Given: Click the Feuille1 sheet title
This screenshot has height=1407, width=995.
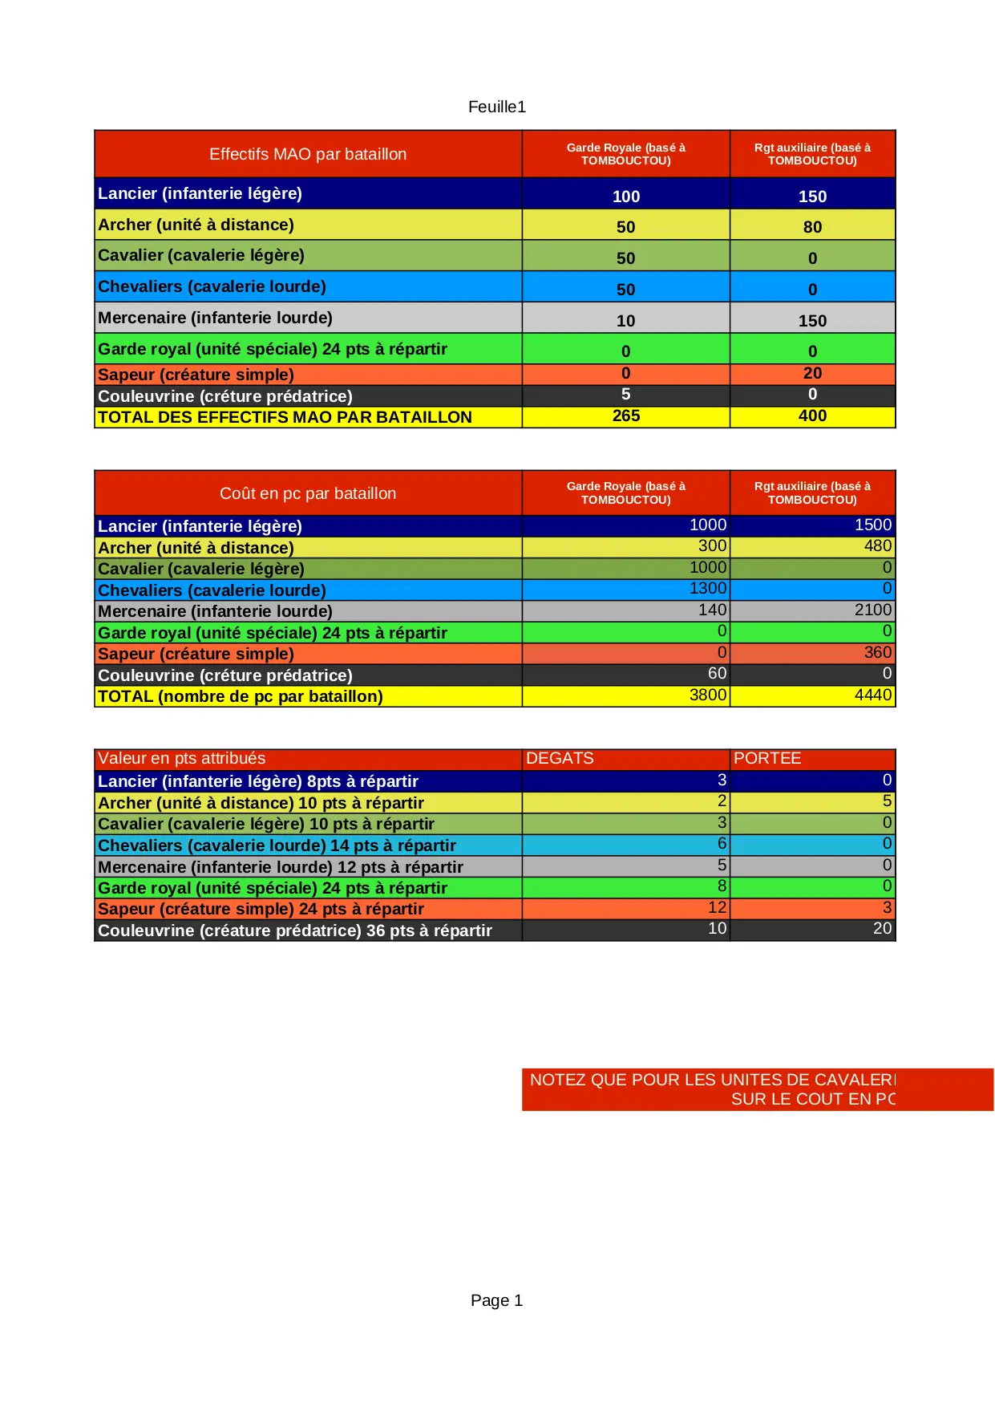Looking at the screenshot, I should click(x=496, y=107).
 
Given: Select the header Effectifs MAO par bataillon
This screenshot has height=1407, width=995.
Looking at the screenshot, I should click(x=308, y=154).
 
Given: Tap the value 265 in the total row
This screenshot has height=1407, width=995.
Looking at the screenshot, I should click(x=625, y=416).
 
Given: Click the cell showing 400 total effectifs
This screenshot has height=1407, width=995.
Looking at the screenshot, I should click(x=812, y=416).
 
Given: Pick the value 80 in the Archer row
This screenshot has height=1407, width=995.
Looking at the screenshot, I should click(x=812, y=227).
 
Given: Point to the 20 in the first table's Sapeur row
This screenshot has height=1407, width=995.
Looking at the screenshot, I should click(x=812, y=373).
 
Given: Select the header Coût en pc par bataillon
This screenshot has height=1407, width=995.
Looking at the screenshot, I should click(x=308, y=493).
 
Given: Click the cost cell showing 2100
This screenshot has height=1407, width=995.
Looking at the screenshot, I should click(x=872, y=610).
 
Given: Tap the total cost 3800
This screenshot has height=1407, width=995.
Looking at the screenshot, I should click(x=707, y=695).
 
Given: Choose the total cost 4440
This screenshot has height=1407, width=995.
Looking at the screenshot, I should click(x=872, y=695).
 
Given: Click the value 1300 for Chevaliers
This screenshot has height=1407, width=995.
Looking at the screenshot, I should click(x=707, y=588).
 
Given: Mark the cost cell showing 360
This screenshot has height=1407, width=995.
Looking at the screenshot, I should click(x=877, y=652).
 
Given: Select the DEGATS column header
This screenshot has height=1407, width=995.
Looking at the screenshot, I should click(x=560, y=758).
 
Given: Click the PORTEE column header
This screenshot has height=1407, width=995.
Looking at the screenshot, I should click(x=767, y=758).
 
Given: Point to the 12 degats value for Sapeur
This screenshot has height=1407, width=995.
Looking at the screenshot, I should click(x=717, y=907).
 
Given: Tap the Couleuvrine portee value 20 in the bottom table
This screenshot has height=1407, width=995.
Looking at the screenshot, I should click(x=882, y=928).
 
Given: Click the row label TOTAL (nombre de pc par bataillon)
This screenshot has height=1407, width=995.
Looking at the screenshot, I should click(x=241, y=696).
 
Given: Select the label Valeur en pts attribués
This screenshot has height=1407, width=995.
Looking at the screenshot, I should click(x=181, y=758).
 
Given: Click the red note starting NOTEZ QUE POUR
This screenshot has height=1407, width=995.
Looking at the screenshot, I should click(x=712, y=1089).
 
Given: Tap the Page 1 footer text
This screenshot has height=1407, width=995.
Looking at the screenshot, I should click(x=496, y=1300).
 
